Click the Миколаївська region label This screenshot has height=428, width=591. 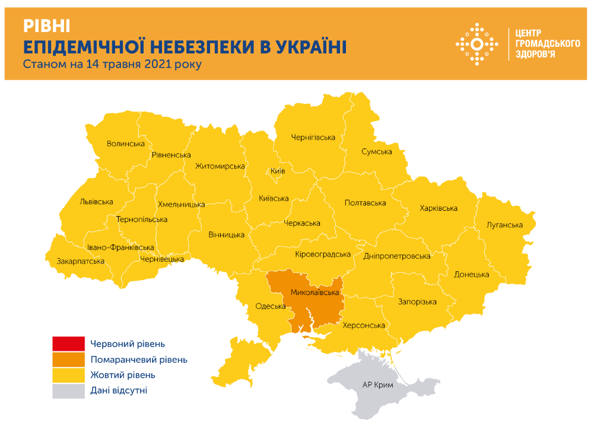pos(314,293)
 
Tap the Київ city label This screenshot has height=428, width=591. pos(278,171)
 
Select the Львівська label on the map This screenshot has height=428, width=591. pos(96,202)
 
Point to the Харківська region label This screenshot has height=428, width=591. pos(438,208)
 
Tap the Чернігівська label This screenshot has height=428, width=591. pos(313,138)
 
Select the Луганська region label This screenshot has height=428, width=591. pos(504,225)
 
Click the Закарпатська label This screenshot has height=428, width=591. pos(81,261)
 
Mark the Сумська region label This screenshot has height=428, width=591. pos(377,152)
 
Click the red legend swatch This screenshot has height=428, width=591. pos(68,344)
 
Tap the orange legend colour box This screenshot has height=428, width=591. pos(68,360)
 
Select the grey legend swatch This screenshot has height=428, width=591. pos(68,391)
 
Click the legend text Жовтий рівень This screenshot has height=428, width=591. pos(123,375)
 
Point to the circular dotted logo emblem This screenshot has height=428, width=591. pos(476,44)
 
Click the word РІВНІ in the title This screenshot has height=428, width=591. pos(47,26)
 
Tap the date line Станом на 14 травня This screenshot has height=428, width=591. pos(112,64)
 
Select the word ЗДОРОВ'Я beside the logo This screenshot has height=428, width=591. pos(536,55)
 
